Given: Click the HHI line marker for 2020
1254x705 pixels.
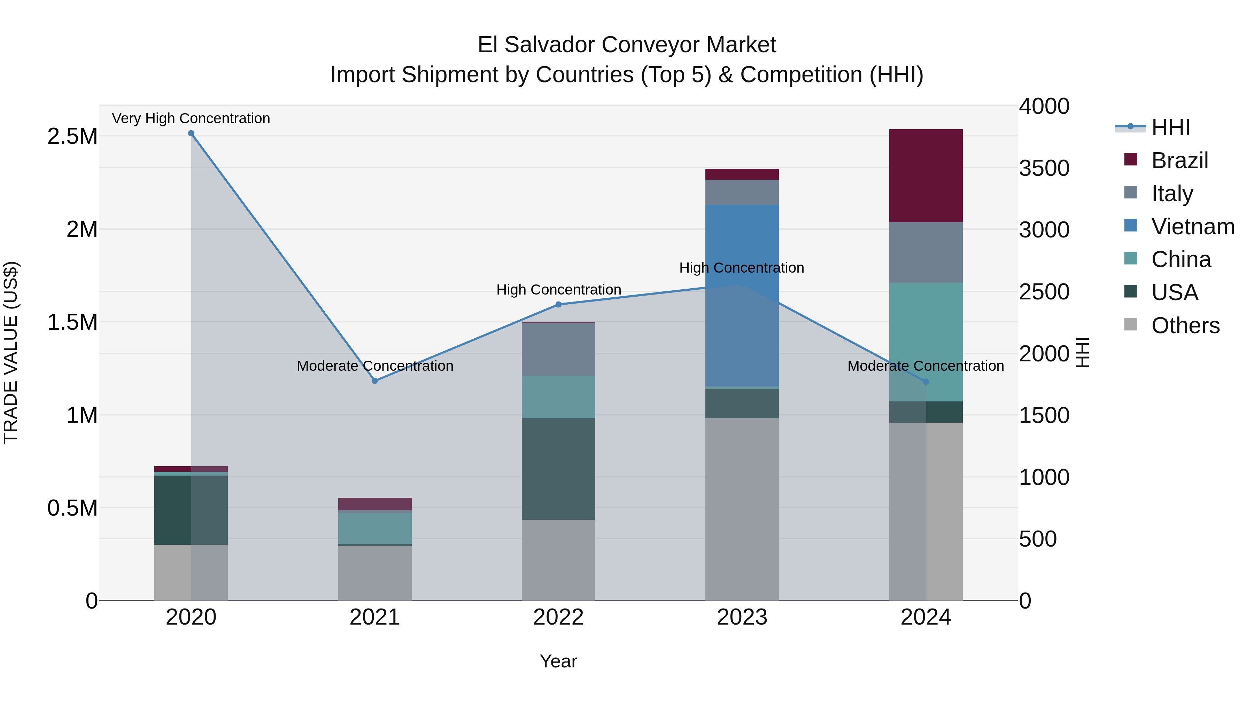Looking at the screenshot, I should point(191,133).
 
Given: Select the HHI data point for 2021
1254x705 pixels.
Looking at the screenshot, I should point(375,381).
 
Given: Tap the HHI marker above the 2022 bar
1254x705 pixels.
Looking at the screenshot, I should point(558,305).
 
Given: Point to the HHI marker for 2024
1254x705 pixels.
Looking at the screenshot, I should point(926,382).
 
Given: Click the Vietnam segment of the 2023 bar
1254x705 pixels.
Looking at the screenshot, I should point(742,295).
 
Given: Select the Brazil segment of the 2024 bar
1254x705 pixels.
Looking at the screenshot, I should point(926,176).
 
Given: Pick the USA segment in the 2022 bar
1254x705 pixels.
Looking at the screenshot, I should point(558,469).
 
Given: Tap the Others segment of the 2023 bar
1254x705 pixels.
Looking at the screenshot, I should point(742,509).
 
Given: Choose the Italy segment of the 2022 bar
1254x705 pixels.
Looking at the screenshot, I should point(558,349).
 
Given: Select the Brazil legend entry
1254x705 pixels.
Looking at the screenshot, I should point(1179,160).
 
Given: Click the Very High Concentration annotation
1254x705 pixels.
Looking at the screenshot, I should point(191,118).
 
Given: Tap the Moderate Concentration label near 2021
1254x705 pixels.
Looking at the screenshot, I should point(375,366).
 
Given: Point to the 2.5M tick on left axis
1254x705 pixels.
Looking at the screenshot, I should point(72,136).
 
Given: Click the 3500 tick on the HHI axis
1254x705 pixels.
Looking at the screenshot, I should point(1044,169).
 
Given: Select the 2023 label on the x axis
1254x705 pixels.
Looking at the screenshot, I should point(742,617).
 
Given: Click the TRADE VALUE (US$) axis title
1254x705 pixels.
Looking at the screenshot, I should point(11,352).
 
